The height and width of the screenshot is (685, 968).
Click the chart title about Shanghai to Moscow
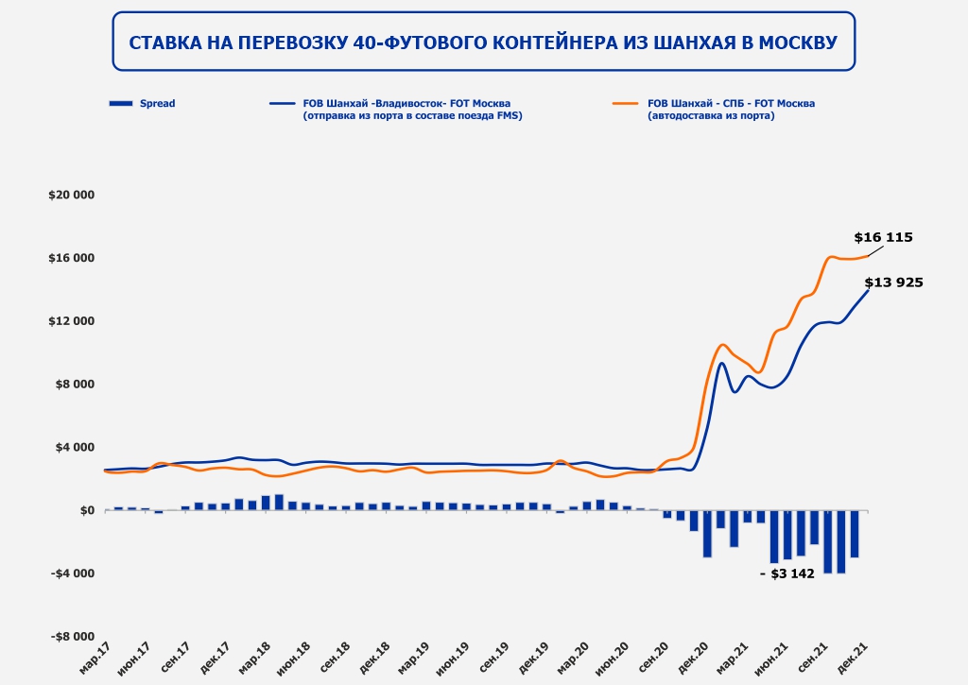click(483, 43)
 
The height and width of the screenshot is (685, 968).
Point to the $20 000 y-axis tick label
click(73, 195)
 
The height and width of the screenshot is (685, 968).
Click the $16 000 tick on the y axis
click(73, 258)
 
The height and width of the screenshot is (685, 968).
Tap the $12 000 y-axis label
click(73, 321)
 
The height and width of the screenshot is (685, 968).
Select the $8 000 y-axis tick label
click(76, 385)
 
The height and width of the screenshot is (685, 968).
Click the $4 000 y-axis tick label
click(76, 447)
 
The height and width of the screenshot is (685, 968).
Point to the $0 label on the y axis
click(88, 510)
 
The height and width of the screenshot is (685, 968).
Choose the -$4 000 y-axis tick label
click(74, 574)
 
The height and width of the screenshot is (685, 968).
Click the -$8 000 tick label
click(74, 637)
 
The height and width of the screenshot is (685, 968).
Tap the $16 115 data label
click(883, 238)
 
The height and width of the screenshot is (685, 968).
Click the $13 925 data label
click(893, 283)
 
